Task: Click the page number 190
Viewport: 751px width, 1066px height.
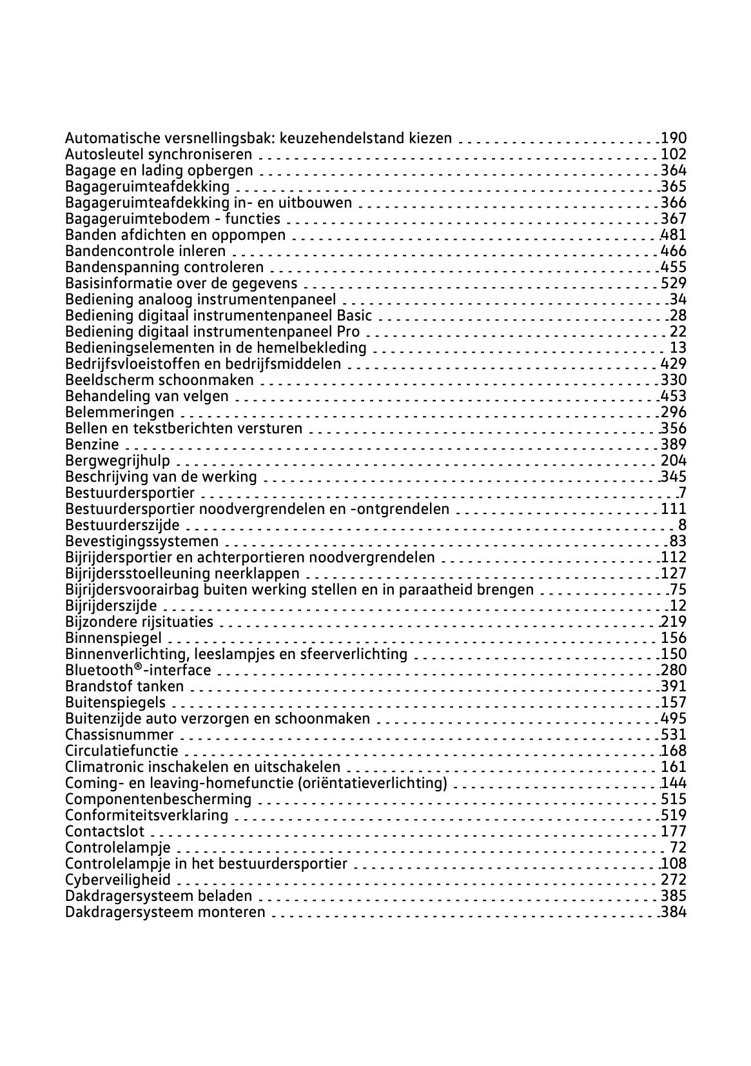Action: click(x=674, y=138)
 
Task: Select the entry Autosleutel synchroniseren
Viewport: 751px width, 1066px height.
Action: click(x=159, y=154)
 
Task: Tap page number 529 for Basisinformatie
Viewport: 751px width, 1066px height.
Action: click(x=674, y=283)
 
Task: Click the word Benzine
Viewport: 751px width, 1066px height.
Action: click(x=92, y=444)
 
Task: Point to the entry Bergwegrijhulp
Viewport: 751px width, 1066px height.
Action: click(x=118, y=460)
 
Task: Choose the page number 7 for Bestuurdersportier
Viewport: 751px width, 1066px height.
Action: click(x=682, y=493)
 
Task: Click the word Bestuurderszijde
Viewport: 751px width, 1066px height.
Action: click(x=122, y=525)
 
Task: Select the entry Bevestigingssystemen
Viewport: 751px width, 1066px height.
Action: click(x=142, y=541)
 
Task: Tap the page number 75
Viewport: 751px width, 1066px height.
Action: click(x=678, y=589)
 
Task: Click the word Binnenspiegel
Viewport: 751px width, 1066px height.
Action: click(x=113, y=638)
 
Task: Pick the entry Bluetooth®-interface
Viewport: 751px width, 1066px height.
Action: click(x=138, y=670)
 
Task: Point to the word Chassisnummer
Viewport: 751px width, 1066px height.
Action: click(x=119, y=735)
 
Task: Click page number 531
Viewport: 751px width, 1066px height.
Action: click(x=674, y=735)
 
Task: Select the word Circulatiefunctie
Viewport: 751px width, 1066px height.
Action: click(x=122, y=751)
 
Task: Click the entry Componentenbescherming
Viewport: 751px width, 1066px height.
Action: click(x=158, y=799)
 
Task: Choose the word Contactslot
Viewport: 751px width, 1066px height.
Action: click(x=105, y=831)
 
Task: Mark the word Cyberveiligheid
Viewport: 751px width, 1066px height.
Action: click(x=118, y=880)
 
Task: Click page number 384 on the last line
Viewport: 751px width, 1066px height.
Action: click(x=674, y=912)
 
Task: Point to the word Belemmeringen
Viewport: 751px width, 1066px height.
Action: click(x=120, y=412)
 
